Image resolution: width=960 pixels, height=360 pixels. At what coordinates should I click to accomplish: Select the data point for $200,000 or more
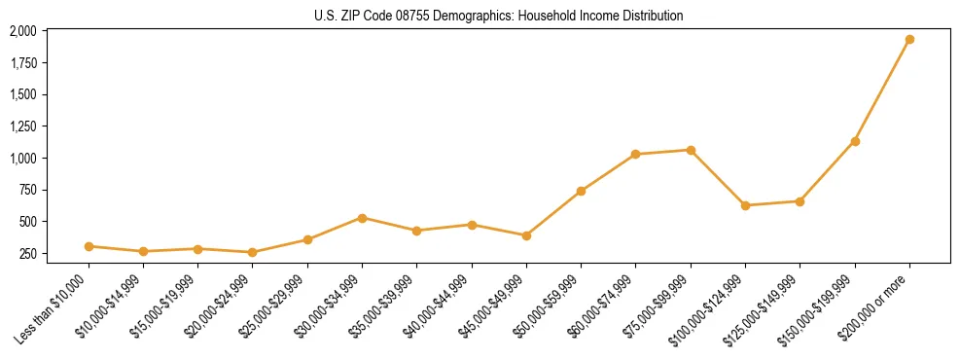909,40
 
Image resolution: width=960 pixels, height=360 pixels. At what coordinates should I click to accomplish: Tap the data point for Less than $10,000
89,246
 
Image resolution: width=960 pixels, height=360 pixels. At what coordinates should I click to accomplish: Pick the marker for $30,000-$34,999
362,218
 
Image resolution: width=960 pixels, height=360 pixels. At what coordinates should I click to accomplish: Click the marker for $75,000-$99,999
691,150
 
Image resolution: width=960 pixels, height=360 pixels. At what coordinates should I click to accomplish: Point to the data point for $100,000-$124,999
745,205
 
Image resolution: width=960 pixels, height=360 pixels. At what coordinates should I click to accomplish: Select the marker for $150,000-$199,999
855,141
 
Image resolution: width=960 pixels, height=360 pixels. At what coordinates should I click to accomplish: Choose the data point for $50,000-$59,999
581,191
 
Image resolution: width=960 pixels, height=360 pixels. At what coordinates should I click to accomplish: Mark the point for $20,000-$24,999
253,252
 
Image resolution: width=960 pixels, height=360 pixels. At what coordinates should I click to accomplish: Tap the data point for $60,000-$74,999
635,154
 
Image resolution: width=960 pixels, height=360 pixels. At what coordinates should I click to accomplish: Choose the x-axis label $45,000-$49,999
492,306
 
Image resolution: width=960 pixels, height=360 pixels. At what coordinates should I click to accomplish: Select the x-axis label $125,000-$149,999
764,307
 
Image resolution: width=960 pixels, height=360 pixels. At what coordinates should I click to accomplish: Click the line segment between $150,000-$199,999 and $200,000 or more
882,90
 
